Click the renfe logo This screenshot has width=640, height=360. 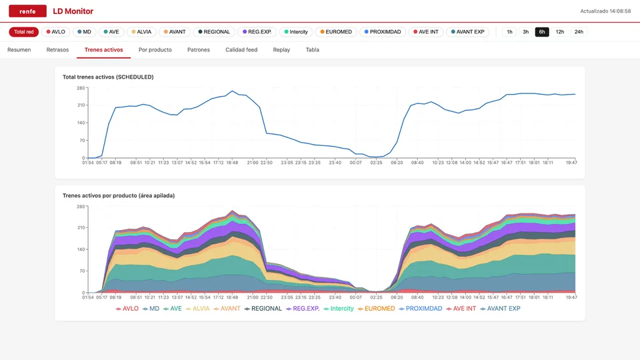pos(27,11)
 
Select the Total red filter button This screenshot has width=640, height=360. pos(24,32)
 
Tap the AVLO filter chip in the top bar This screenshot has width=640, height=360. pos(55,32)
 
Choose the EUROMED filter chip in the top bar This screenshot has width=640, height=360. pos(336,32)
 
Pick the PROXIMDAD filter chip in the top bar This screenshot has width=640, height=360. pos(383,32)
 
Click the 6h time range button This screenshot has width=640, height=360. pos(541,32)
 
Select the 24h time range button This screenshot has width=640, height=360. pos(579,32)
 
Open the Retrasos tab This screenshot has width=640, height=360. pos(57,50)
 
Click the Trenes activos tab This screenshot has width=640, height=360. pos(104,50)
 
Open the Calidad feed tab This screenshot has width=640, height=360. pos(241,50)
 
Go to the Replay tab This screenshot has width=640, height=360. pos(281,50)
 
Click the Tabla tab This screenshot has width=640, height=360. pos(312,50)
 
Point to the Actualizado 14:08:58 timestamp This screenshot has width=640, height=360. pos(605,11)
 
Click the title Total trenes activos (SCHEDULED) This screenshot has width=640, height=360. pos(108,77)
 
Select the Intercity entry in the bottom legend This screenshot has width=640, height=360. pos(339,309)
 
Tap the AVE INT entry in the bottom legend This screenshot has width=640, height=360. pos(461,309)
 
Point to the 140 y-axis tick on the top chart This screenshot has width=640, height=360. pos(81,123)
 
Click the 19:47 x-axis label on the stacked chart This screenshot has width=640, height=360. pos(571,297)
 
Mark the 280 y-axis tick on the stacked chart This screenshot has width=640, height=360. pos(81,207)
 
